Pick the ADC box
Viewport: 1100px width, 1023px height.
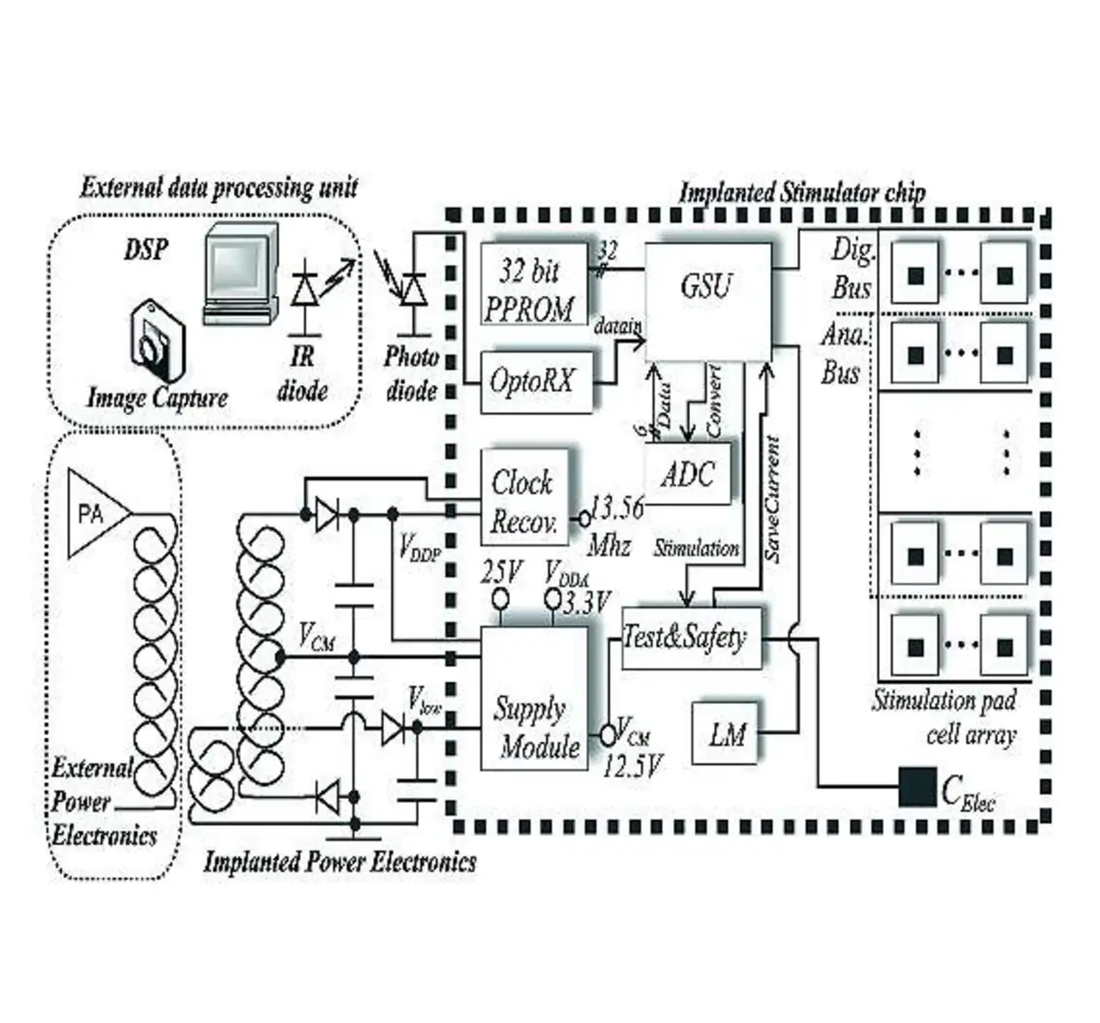point(689,474)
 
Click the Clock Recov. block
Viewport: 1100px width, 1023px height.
point(523,499)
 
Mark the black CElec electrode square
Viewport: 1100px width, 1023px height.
point(917,786)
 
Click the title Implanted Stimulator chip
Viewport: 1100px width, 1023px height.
point(802,192)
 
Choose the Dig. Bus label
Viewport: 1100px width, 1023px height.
point(851,269)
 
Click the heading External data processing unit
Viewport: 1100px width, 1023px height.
point(218,187)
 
